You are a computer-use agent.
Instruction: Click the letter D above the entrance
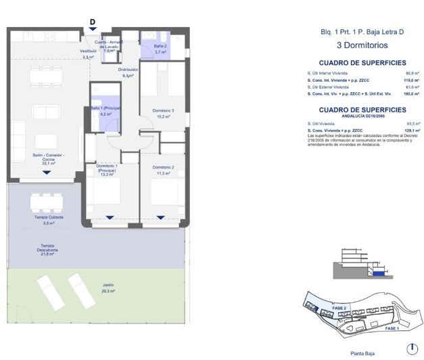[x=93, y=21]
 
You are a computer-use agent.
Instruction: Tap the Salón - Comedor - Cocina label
[x=46, y=160]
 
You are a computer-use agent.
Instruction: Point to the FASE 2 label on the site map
[x=339, y=308]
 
